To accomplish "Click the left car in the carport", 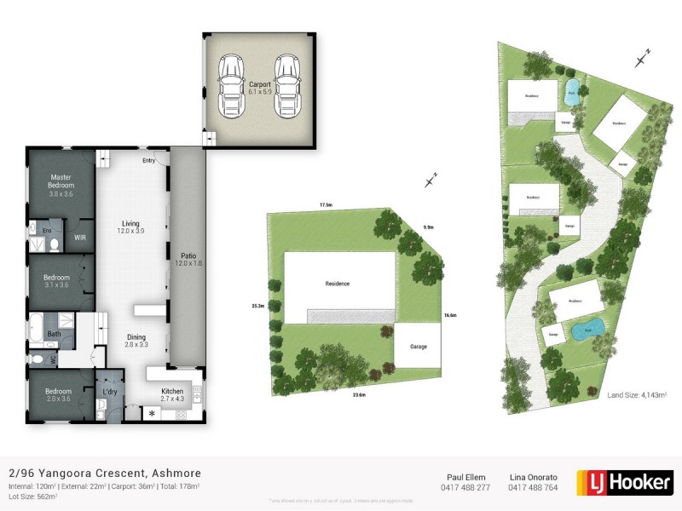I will point(230,87).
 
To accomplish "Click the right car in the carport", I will point(287,87).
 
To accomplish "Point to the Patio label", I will point(188,258).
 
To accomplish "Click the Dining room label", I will point(136,341).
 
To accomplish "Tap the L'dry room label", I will point(110,392).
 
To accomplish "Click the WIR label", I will point(79,238).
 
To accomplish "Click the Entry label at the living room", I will point(149,159).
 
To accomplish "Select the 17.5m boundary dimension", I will point(325,205).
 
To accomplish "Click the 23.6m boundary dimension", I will point(359,394).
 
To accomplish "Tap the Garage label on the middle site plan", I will point(418,347).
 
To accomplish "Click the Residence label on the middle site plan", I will point(338,284).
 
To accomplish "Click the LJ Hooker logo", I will point(625,482).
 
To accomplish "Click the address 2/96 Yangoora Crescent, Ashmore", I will point(105,473).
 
